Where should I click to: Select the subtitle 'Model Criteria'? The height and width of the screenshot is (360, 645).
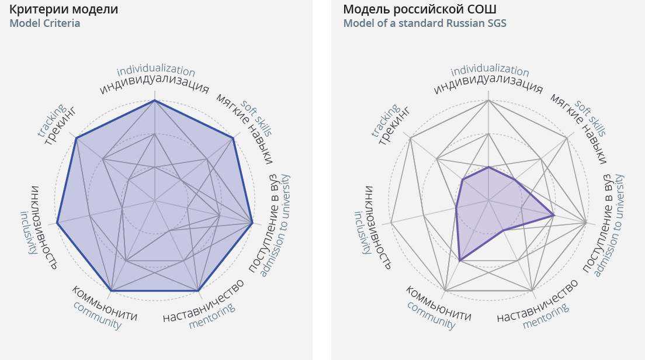point(45,23)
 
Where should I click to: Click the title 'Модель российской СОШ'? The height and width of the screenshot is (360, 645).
point(419,9)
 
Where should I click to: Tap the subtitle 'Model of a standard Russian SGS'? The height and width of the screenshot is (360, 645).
point(425,23)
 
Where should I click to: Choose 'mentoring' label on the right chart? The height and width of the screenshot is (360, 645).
point(546,316)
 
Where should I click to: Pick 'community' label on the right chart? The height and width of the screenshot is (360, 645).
point(431,315)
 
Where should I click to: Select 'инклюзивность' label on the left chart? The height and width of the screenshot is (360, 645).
point(44,227)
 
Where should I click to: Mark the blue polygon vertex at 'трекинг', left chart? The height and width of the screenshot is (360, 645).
point(76,139)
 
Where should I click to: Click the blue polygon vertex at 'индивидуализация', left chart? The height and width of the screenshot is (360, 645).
point(154,101)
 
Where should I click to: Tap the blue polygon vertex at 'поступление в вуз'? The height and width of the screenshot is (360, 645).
point(252,223)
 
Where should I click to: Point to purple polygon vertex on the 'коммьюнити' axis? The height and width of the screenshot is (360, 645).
point(460,261)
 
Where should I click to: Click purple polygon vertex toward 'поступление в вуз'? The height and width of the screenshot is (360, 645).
point(553,216)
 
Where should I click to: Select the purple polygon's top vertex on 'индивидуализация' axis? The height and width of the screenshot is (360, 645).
point(488,167)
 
